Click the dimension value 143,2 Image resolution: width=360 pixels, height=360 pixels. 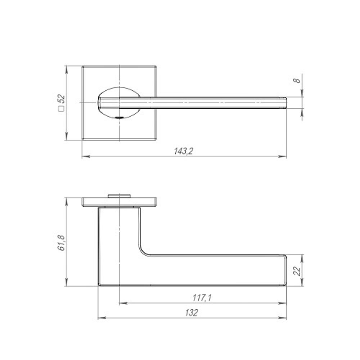pyautogui.click(x=184, y=152)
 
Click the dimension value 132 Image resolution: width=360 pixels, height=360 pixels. pyautogui.click(x=192, y=313)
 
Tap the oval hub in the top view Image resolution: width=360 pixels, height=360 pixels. pyautogui.click(x=119, y=103)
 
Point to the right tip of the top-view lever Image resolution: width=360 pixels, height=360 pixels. pyautogui.click(x=285, y=103)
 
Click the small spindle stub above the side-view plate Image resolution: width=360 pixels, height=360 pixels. pyautogui.click(x=119, y=196)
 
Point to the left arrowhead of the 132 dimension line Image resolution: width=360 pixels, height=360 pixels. pyautogui.click(x=101, y=318)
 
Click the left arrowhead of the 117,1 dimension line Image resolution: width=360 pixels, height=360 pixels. pyautogui.click(x=122, y=303)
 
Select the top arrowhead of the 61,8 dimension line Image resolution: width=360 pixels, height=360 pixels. pyautogui.click(x=66, y=200)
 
